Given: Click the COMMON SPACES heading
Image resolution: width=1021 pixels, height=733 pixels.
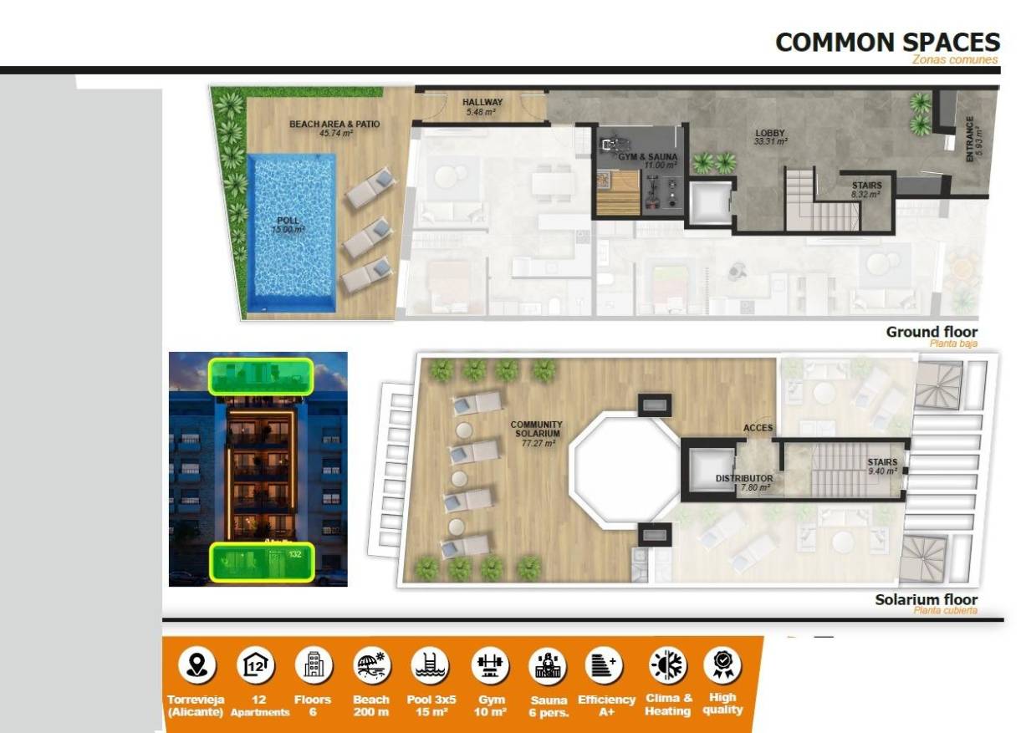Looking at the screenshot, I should [x=887, y=43].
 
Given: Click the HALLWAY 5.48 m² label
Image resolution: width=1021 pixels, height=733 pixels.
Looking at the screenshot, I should [x=482, y=106].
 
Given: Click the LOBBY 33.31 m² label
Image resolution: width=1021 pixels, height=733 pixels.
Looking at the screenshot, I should [x=770, y=136].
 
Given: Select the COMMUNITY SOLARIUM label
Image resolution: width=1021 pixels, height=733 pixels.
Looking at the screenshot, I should [x=537, y=433].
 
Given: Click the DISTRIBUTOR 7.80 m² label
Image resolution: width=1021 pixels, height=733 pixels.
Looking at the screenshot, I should [x=743, y=482].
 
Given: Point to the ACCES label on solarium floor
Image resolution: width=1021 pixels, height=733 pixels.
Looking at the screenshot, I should [x=758, y=428].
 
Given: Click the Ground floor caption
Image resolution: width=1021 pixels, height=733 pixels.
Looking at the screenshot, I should [x=931, y=332].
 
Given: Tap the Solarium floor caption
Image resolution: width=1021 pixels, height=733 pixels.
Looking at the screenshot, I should [x=926, y=599].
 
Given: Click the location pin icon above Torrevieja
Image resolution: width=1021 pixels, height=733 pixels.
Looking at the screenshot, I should [x=197, y=665].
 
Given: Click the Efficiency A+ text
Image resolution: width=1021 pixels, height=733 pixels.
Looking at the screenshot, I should [x=606, y=705].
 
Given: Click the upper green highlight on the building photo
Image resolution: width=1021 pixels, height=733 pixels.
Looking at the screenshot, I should [x=260, y=376].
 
